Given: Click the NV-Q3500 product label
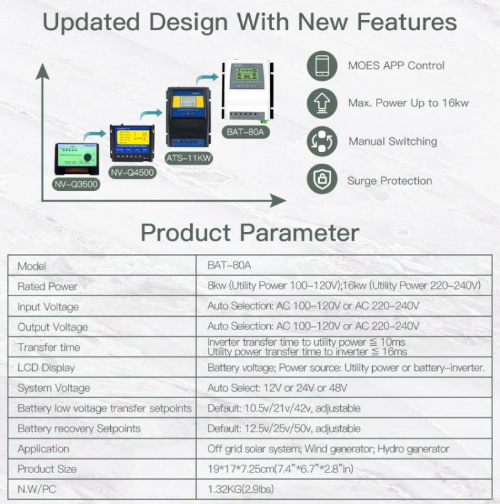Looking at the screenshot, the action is [76, 184].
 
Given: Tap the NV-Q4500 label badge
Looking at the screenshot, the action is [132, 173].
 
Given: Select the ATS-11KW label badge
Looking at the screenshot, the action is [189, 158].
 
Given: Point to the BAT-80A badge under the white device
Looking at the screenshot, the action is [246, 132].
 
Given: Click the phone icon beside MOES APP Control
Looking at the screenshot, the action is [322, 66].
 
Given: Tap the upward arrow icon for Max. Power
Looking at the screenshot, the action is [322, 103].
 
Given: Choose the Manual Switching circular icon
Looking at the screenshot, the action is [322, 141].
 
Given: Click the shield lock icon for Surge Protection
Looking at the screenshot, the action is [322, 179].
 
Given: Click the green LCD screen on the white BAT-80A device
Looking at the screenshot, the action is [246, 74].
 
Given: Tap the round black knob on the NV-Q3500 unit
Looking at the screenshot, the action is [88, 157].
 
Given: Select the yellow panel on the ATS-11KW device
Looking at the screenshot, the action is [188, 101].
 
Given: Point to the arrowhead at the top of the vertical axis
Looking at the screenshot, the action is [42, 71].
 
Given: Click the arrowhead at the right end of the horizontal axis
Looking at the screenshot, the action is [278, 200].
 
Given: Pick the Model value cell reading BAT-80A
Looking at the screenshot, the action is [229, 265].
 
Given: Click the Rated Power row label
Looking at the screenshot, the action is [47, 286].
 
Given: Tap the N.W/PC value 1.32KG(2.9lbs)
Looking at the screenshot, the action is [241, 490].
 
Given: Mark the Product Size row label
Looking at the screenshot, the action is [47, 469].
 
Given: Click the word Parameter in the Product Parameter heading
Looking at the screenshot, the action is [300, 232].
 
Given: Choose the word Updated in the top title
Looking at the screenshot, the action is [91, 22].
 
